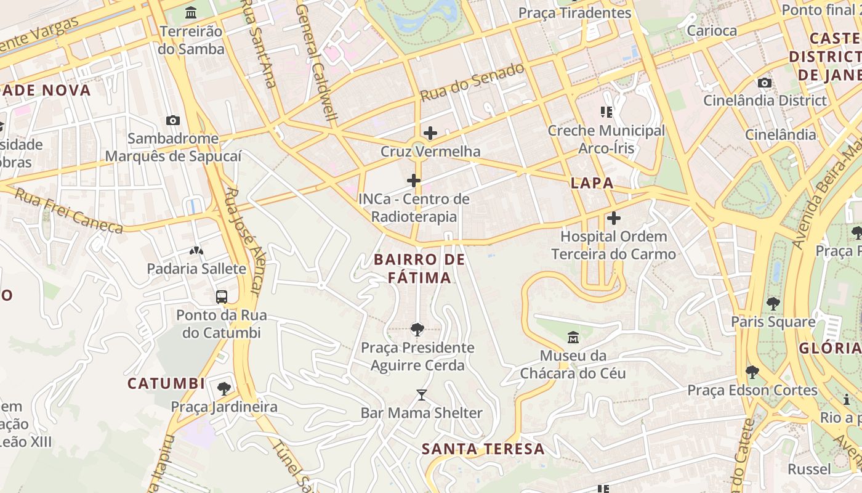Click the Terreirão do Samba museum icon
(x=191, y=12)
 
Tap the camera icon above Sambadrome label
(x=173, y=121)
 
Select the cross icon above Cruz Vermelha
(x=430, y=132)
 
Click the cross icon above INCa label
(x=414, y=181)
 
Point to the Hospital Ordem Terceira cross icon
(x=613, y=218)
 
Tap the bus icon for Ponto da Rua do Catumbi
(x=222, y=297)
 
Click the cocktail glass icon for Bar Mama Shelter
(x=421, y=394)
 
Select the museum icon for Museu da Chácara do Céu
(x=573, y=337)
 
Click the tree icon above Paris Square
(x=773, y=304)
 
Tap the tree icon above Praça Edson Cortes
(x=752, y=372)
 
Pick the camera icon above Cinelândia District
(x=765, y=83)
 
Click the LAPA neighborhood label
(x=592, y=183)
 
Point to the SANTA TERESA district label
(x=483, y=449)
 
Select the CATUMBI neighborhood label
(x=166, y=383)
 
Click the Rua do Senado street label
(x=472, y=83)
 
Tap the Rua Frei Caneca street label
(x=68, y=211)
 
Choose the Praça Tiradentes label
(x=574, y=13)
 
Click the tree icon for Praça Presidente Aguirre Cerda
(x=417, y=330)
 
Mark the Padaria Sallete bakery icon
(x=196, y=251)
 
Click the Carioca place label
(x=712, y=31)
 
